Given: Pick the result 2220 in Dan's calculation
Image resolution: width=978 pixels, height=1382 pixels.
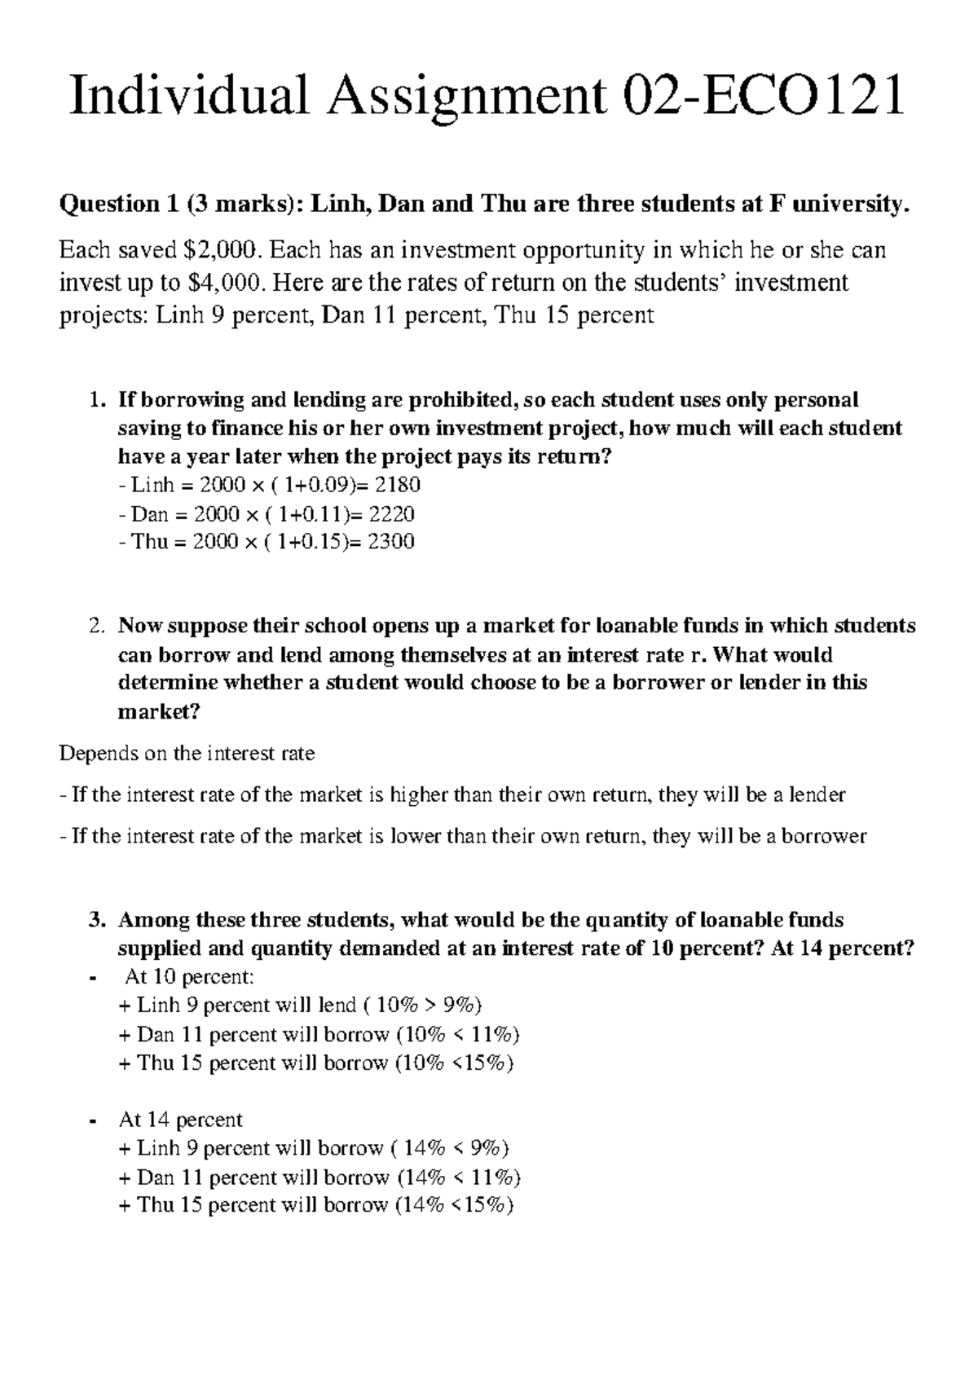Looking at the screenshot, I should tap(391, 514).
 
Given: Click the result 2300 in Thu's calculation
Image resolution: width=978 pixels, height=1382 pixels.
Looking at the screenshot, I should tap(391, 542).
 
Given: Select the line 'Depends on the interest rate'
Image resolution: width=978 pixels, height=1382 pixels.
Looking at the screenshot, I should tap(187, 754).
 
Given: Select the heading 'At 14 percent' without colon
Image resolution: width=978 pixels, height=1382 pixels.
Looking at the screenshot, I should tap(180, 1120).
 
